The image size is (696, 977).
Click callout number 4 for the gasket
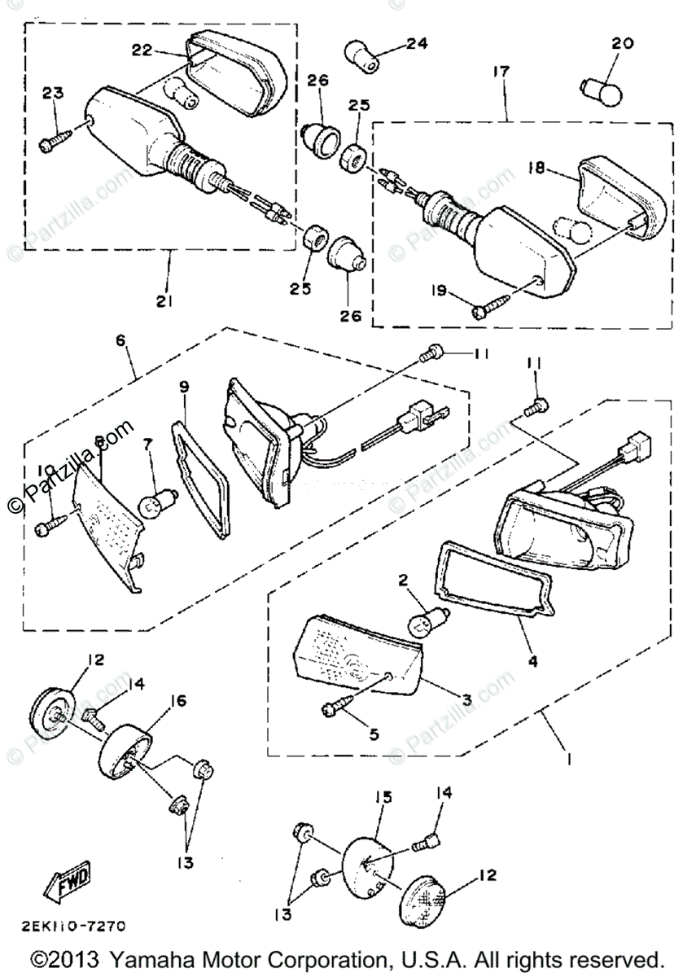(x=532, y=662)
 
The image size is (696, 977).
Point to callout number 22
(x=143, y=50)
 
